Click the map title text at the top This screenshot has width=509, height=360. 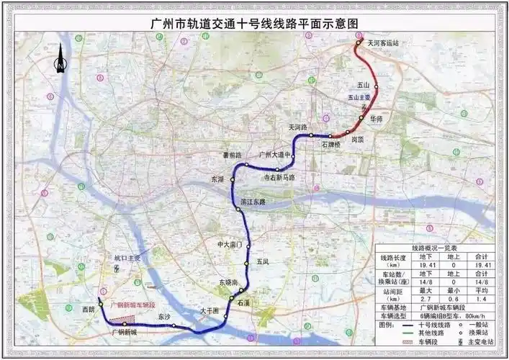click(254, 22)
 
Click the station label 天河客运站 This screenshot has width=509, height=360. click(383, 44)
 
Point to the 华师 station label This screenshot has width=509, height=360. click(376, 118)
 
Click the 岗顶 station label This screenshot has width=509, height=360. click(359, 140)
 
